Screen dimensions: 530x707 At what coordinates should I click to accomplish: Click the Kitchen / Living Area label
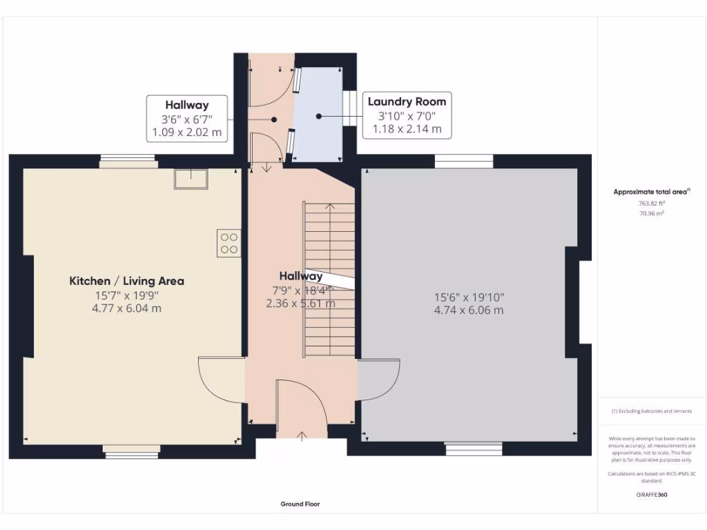[126, 281]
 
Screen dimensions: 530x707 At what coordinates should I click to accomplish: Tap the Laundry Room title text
[407, 101]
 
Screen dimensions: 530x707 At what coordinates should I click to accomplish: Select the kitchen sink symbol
[191, 177]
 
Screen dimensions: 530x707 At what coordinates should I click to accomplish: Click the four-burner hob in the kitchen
[229, 243]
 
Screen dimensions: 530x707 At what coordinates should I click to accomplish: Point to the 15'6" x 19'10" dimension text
[469, 297]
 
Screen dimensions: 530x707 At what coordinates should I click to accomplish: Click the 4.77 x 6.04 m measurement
[126, 308]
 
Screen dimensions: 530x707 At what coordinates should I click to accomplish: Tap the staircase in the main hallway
[329, 279]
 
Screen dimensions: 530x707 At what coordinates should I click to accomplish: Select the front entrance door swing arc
[302, 407]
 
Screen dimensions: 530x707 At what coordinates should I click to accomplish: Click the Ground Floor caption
[300, 504]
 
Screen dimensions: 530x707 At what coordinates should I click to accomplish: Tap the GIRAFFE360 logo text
[652, 494]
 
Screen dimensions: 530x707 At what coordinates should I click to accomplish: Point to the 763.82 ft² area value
[651, 204]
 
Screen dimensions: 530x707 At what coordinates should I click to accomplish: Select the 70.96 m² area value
[651, 214]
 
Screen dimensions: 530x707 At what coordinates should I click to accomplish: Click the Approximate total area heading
[651, 192]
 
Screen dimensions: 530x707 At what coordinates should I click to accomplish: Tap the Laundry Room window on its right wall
[349, 109]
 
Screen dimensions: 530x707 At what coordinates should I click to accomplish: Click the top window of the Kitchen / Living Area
[128, 163]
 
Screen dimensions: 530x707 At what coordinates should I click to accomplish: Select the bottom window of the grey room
[474, 449]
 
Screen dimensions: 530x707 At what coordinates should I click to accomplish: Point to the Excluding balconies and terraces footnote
[651, 411]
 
